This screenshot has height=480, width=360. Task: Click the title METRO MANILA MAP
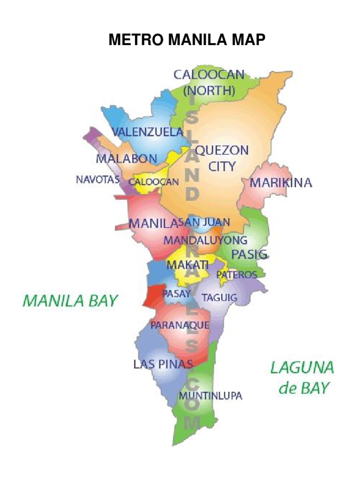click(x=187, y=41)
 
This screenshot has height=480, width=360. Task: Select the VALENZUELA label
click(x=147, y=132)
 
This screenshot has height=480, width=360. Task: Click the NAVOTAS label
click(x=97, y=179)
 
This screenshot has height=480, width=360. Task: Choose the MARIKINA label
click(x=280, y=183)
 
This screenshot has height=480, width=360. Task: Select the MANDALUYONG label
click(x=205, y=240)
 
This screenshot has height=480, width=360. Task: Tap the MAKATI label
click(x=187, y=265)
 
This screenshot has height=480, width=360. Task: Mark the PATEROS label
click(x=236, y=275)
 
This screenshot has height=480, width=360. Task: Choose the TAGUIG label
click(x=219, y=297)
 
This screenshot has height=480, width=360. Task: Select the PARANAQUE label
click(x=180, y=324)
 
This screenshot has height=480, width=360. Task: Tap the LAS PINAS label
click(x=163, y=364)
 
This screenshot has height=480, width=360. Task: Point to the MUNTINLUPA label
click(x=211, y=396)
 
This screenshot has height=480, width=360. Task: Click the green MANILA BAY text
click(x=70, y=300)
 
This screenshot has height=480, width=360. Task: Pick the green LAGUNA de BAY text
click(x=302, y=378)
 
